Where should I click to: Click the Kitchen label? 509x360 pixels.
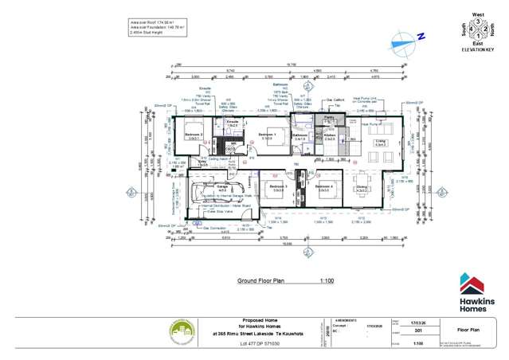pos(329,136)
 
